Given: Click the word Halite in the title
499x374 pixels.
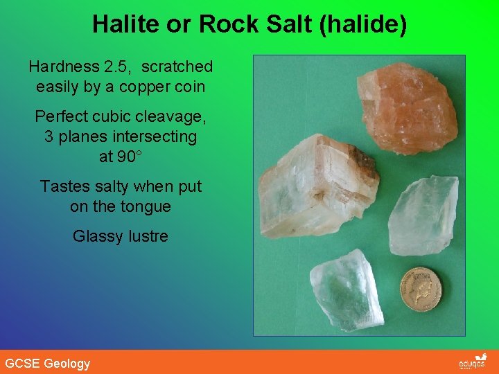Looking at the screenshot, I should (x=119, y=25).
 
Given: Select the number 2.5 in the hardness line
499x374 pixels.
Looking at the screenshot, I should (x=114, y=66).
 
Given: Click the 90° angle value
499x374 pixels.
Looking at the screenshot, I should (x=120, y=157).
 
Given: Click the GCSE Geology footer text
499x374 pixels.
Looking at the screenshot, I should (x=47, y=363).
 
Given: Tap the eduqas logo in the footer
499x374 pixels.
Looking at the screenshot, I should (x=473, y=362).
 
